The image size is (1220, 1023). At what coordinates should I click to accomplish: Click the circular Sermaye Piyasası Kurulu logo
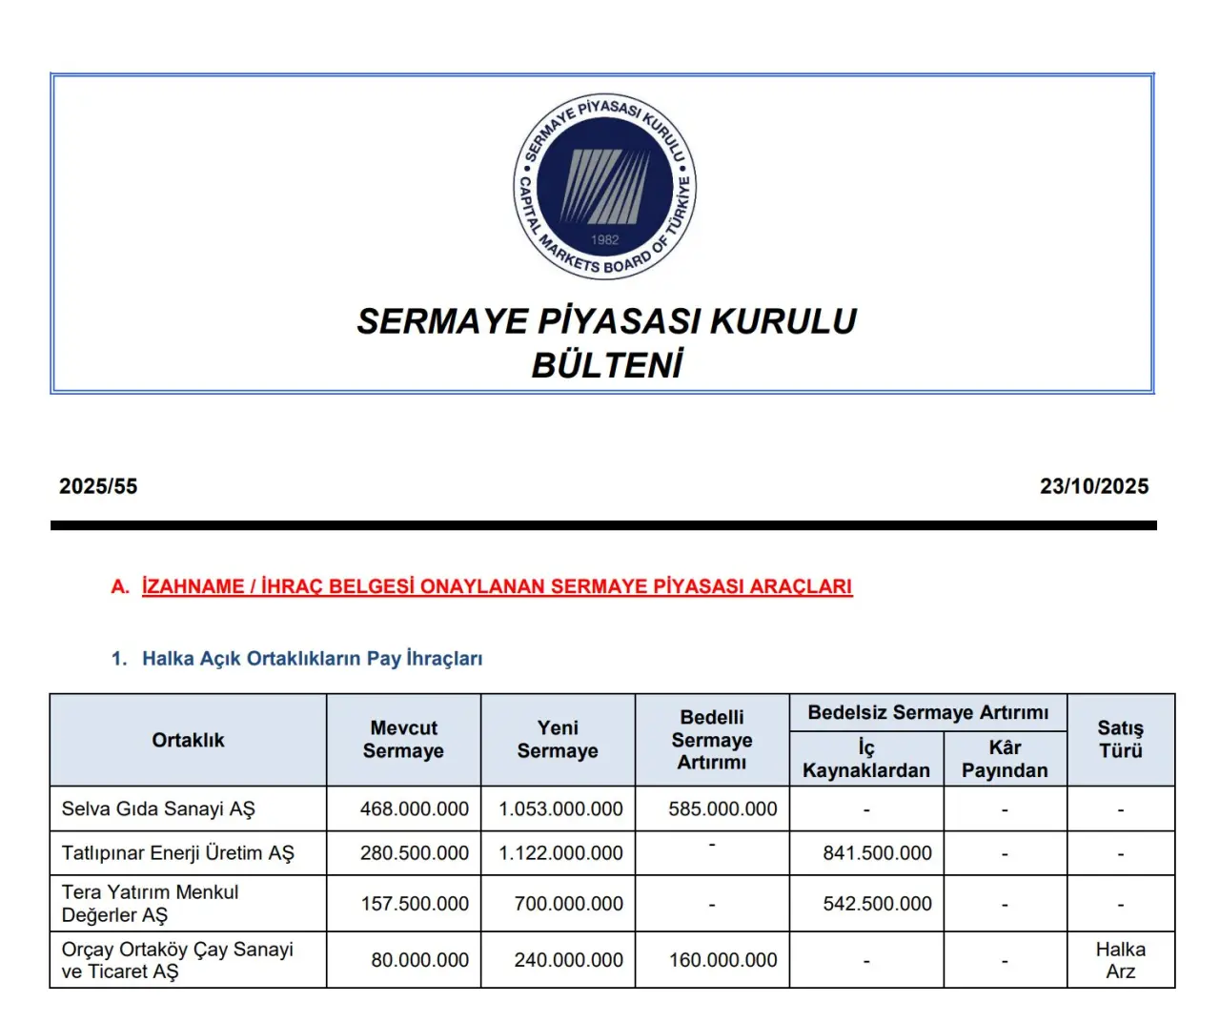click(x=605, y=187)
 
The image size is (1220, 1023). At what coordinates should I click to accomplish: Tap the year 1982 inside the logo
click(x=605, y=240)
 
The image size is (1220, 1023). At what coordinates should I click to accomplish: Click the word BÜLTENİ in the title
click(x=607, y=365)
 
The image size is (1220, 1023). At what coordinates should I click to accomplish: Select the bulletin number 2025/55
click(x=98, y=486)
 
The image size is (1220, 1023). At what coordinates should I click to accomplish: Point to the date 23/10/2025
click(x=1094, y=486)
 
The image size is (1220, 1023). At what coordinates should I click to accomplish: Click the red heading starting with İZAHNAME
click(x=497, y=586)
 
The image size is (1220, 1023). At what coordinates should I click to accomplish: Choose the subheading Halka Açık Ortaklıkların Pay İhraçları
click(x=312, y=659)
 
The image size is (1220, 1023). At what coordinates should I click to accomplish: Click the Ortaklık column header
click(x=188, y=740)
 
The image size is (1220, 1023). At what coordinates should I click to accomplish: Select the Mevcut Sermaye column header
click(x=403, y=740)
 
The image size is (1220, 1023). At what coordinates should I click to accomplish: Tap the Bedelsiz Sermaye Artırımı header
click(x=928, y=712)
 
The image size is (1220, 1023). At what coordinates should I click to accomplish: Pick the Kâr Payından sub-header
click(x=1005, y=759)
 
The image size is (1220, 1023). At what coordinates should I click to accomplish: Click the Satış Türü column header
click(x=1120, y=740)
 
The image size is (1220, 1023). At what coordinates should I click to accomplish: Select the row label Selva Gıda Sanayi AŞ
click(x=158, y=809)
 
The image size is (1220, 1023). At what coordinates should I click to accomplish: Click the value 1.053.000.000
click(x=560, y=809)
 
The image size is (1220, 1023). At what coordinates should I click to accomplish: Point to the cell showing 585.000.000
click(x=722, y=809)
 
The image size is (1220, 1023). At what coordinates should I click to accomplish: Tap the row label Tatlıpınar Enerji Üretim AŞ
click(x=178, y=853)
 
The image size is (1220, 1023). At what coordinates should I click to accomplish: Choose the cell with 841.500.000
click(x=877, y=853)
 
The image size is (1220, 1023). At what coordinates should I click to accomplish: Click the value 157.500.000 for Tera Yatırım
click(x=415, y=904)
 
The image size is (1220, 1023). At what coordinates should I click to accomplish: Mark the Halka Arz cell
click(x=1120, y=960)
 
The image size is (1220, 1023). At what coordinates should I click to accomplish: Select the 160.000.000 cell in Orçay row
click(x=722, y=960)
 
